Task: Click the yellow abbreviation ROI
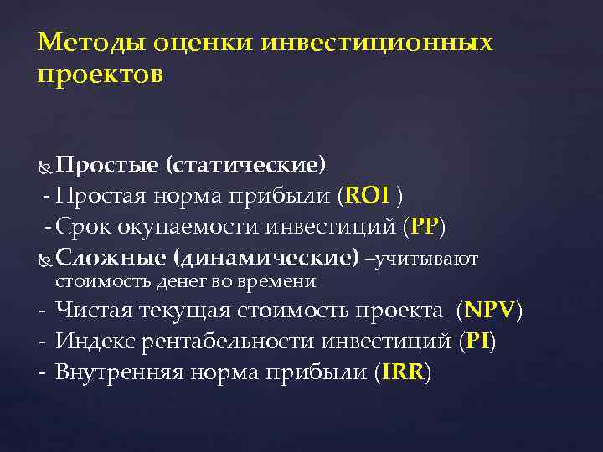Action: (x=368, y=197)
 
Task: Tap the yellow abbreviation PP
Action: (x=425, y=227)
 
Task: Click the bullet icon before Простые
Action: (x=45, y=167)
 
